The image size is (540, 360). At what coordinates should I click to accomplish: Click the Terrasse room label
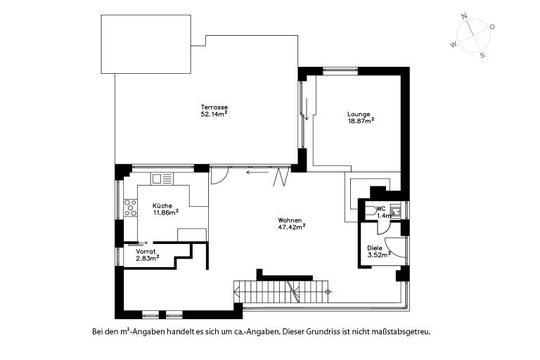point(214,108)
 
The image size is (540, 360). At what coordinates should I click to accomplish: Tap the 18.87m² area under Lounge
point(361,120)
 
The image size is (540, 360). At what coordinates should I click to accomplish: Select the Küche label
point(162,206)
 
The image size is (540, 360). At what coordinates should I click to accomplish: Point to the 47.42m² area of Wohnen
point(292,226)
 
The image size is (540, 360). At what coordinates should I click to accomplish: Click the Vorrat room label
point(146,252)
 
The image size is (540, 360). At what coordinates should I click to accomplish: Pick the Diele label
point(375,248)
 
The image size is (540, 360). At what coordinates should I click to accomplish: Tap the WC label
point(381,209)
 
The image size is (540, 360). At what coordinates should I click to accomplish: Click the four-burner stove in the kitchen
point(131,208)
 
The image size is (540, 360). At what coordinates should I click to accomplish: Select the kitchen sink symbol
point(162,179)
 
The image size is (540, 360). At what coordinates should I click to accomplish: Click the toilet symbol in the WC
point(371,211)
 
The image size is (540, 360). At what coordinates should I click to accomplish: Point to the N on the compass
point(464,16)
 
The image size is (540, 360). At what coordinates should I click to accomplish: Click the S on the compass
point(482,55)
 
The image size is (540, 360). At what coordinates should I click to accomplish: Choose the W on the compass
point(454,44)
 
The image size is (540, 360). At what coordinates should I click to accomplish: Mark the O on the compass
point(492,27)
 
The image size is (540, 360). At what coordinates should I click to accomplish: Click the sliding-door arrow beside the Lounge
point(306,109)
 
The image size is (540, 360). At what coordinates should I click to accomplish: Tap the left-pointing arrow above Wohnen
point(257,172)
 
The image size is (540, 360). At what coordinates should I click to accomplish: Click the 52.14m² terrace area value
point(214,114)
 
